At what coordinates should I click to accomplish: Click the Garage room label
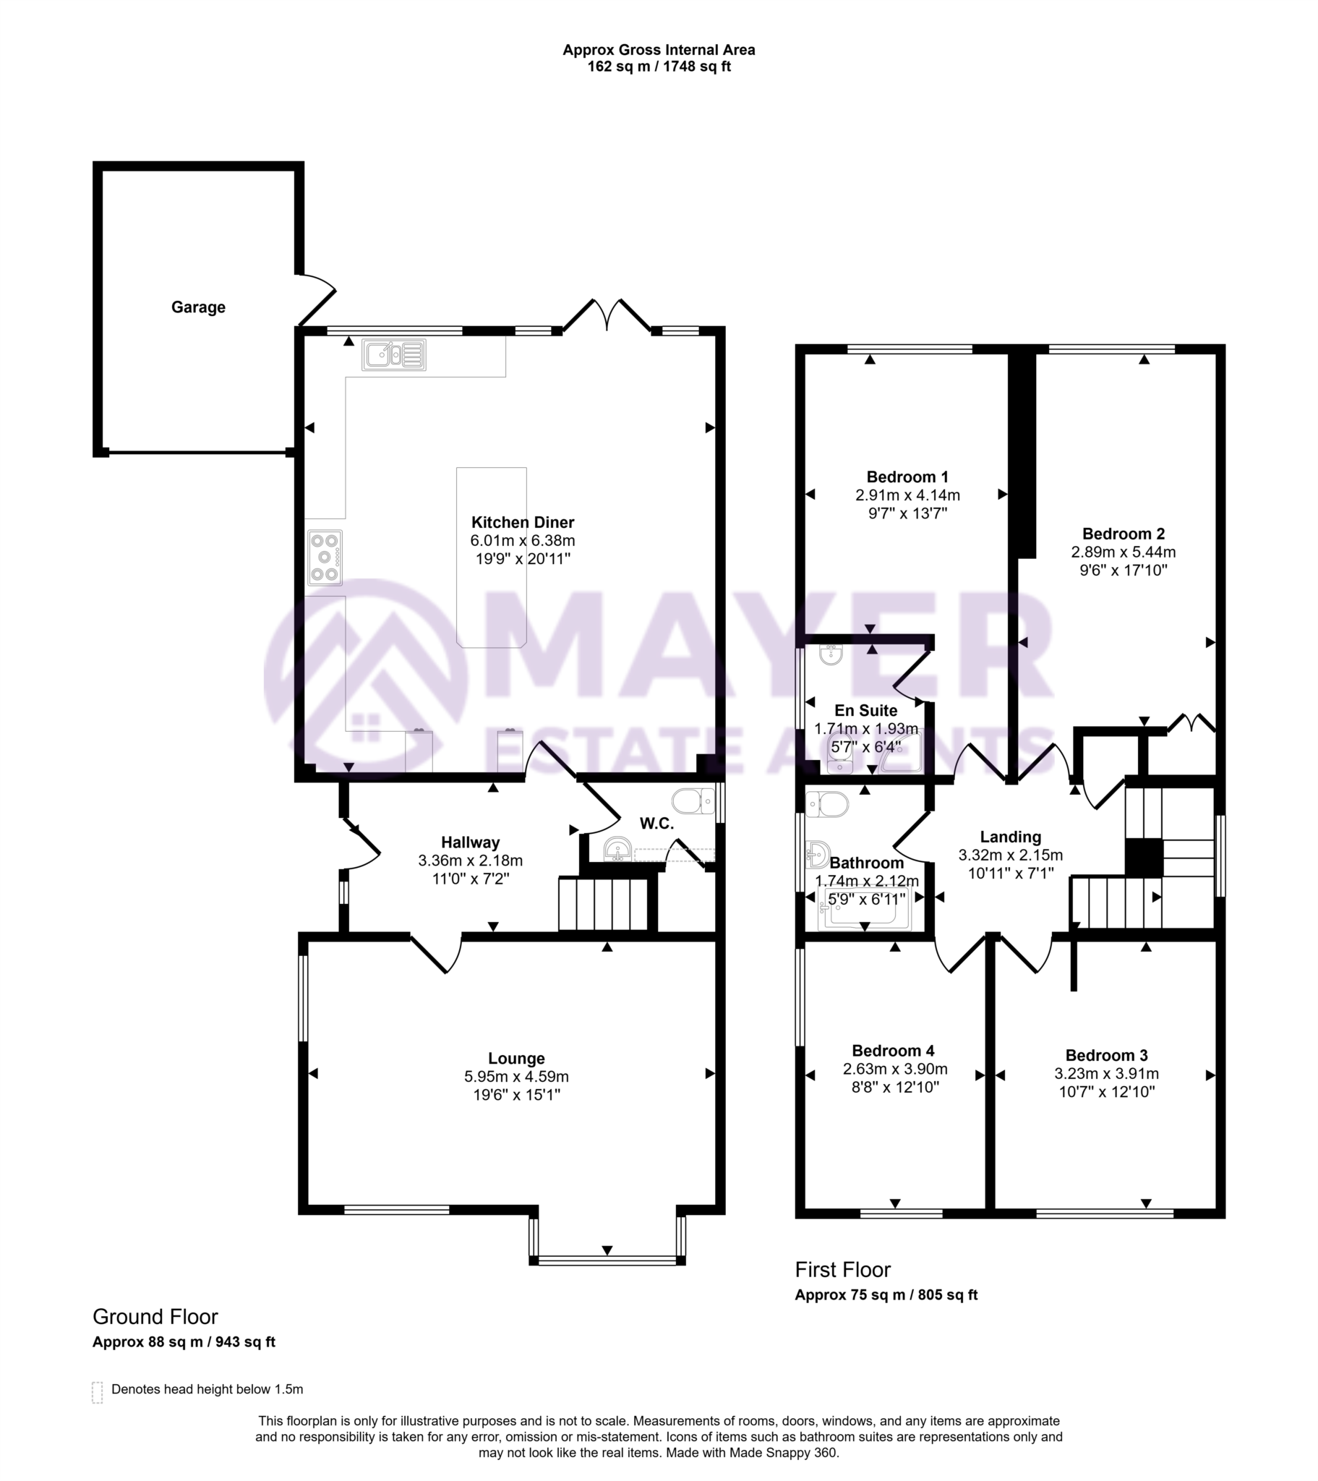(x=198, y=307)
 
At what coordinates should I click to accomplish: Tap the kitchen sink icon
(x=393, y=355)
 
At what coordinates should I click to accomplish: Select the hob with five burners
(x=325, y=558)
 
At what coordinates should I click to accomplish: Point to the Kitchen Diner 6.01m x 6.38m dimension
(x=523, y=540)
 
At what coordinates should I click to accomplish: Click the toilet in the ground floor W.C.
(x=693, y=801)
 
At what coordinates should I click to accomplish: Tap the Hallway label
(x=470, y=842)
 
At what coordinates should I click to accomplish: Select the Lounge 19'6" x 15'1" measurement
(x=516, y=1094)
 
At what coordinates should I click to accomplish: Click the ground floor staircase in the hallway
(x=603, y=903)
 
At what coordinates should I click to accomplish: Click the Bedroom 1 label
(x=907, y=477)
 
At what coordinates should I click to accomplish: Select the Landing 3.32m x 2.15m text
(x=1010, y=855)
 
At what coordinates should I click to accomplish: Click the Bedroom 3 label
(x=1106, y=1055)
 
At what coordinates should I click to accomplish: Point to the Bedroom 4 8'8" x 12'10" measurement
(x=895, y=1087)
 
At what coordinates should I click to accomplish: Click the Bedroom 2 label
(x=1123, y=534)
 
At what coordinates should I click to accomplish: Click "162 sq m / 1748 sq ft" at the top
(x=659, y=67)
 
